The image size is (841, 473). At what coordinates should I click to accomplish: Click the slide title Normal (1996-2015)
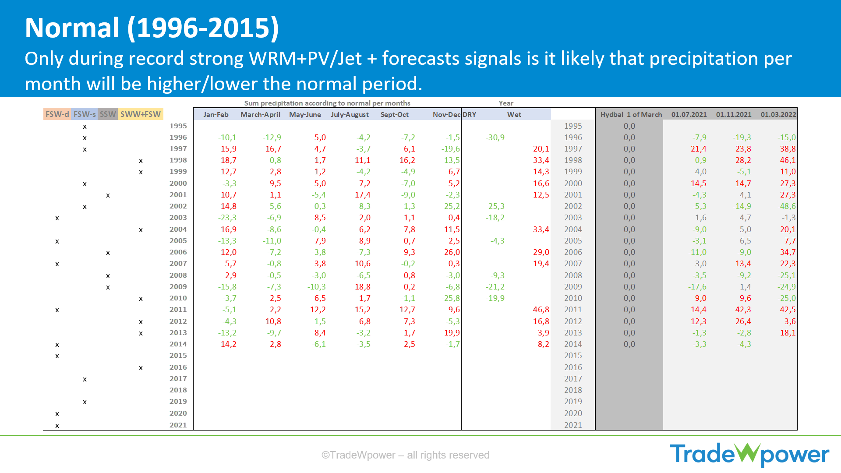(x=152, y=28)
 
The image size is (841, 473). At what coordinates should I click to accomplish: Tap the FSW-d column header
(x=57, y=114)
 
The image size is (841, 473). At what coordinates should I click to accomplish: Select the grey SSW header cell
(x=108, y=114)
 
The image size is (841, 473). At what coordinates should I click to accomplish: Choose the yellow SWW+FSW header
(x=141, y=114)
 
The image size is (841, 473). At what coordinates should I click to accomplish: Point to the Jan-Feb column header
(x=216, y=115)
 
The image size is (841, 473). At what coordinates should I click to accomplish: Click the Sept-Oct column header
(x=394, y=115)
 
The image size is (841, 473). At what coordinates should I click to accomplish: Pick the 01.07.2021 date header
(x=689, y=115)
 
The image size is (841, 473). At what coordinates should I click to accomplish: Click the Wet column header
(x=514, y=115)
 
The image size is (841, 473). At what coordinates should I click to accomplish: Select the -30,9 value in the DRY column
(x=495, y=138)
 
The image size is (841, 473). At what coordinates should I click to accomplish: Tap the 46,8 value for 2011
(x=541, y=310)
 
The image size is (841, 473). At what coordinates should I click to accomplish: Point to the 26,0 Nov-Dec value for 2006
(x=452, y=252)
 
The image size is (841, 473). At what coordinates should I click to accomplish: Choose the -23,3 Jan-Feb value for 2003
(x=227, y=218)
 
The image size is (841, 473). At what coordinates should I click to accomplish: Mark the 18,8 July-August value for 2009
(x=362, y=287)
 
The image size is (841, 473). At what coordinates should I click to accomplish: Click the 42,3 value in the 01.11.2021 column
(x=743, y=310)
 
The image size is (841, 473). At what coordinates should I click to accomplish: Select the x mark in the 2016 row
(x=141, y=368)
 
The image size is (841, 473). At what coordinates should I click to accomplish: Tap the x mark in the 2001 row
(x=108, y=195)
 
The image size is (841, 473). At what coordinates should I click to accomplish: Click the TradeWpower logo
(x=749, y=454)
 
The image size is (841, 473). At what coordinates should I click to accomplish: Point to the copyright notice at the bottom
(x=405, y=455)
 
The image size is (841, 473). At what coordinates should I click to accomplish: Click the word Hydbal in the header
(x=611, y=115)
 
